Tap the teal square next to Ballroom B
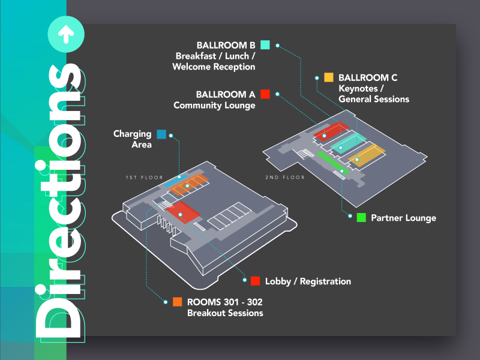pyautogui.click(x=265, y=44)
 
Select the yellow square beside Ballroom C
pyautogui.click(x=329, y=77)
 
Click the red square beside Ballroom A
pyautogui.click(x=265, y=94)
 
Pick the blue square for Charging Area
pyautogui.click(x=161, y=134)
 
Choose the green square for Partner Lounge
pyautogui.click(x=361, y=218)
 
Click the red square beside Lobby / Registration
pyautogui.click(x=255, y=281)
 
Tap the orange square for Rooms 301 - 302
pyautogui.click(x=177, y=302)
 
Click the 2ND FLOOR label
pyautogui.click(x=285, y=177)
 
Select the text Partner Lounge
pyautogui.click(x=403, y=218)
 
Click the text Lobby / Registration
pyautogui.click(x=308, y=281)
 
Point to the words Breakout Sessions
pyautogui.click(x=225, y=313)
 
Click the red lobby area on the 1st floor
pyautogui.click(x=182, y=211)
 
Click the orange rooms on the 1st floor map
pyautogui.click(x=188, y=185)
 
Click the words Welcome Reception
pyautogui.click(x=214, y=67)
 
